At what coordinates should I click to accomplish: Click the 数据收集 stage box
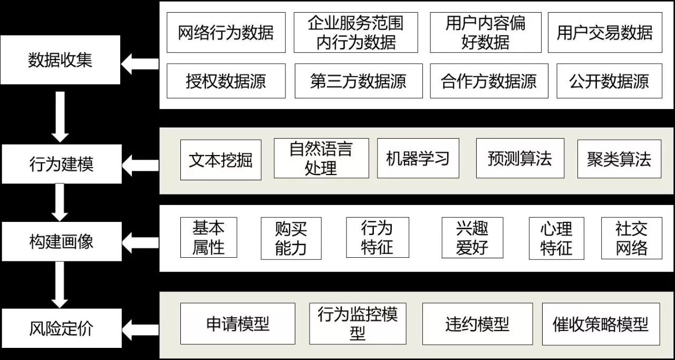(x=60, y=60)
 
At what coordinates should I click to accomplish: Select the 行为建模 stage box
(x=62, y=164)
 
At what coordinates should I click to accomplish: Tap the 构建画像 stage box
(x=62, y=241)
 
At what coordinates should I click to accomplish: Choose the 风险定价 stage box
(x=62, y=328)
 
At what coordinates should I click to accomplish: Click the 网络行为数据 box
(x=226, y=33)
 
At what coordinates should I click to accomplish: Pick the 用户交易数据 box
(x=605, y=33)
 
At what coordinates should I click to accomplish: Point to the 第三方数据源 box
(x=359, y=81)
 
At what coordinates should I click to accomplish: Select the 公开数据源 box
(x=609, y=81)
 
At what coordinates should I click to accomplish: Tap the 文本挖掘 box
(x=221, y=160)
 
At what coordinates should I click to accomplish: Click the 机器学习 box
(x=418, y=158)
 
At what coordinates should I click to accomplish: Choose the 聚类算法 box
(x=619, y=159)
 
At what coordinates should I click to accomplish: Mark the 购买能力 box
(x=291, y=238)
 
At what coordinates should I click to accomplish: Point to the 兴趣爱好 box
(x=472, y=238)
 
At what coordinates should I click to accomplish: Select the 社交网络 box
(x=632, y=238)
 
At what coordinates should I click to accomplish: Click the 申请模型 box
(x=238, y=324)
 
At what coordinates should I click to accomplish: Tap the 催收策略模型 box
(x=601, y=324)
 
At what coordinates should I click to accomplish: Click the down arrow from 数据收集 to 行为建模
(x=60, y=117)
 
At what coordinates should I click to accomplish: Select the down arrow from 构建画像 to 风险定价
(x=60, y=285)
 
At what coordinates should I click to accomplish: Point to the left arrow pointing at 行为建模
(x=140, y=166)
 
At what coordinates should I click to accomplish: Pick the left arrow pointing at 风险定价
(x=140, y=329)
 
